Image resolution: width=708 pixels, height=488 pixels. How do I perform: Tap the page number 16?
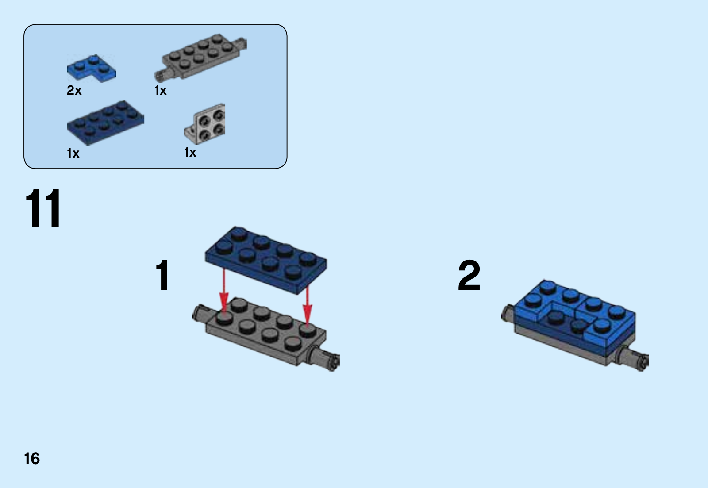point(32,458)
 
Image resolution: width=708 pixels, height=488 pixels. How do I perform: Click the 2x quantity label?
point(74,90)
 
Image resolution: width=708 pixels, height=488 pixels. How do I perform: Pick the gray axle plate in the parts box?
point(200,57)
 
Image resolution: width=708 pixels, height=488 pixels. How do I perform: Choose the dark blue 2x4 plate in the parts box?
point(106,123)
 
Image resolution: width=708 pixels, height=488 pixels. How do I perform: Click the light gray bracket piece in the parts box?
point(205,124)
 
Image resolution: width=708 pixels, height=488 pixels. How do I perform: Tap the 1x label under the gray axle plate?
point(161,91)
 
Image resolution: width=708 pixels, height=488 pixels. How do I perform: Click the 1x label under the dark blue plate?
point(73,153)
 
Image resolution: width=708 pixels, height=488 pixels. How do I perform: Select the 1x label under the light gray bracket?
point(190,152)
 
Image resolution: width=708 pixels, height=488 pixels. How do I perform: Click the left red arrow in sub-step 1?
point(224,290)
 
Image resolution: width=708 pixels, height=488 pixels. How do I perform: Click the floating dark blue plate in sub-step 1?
point(266,260)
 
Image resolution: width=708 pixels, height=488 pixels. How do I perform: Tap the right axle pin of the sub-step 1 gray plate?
point(323,357)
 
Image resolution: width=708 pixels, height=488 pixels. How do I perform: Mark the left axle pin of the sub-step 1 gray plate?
point(200,314)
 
